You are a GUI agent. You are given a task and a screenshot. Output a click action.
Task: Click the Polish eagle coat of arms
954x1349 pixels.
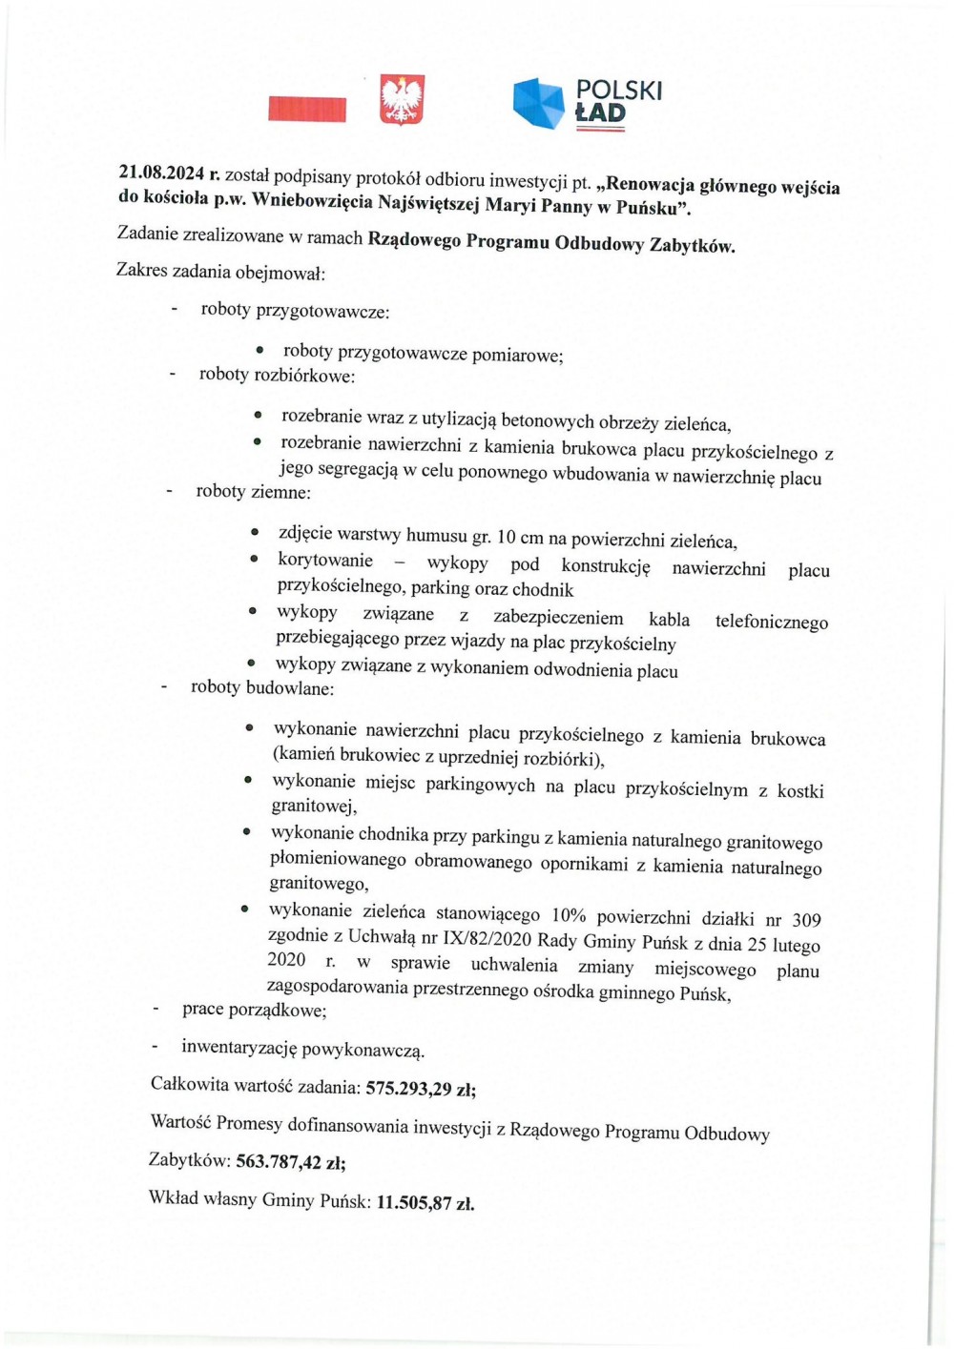[x=402, y=100]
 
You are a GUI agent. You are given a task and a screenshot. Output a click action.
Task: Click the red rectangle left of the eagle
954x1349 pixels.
[x=307, y=109]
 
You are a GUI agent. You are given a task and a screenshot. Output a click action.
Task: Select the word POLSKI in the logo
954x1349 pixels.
[x=618, y=90]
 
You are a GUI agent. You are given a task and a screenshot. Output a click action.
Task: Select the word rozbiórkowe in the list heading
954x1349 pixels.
[x=303, y=377]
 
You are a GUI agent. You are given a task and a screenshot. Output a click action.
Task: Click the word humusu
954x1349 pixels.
[x=438, y=535]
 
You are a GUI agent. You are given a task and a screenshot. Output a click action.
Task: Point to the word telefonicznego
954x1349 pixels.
[x=771, y=622]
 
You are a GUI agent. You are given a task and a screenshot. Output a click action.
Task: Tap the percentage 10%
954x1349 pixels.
[x=569, y=915]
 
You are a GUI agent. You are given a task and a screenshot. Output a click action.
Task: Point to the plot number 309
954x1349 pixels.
[x=806, y=920]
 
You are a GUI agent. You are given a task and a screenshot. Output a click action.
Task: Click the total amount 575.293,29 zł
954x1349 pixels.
[x=421, y=1088]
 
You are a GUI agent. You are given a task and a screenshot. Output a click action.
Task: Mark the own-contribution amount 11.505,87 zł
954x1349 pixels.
[x=425, y=1202]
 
